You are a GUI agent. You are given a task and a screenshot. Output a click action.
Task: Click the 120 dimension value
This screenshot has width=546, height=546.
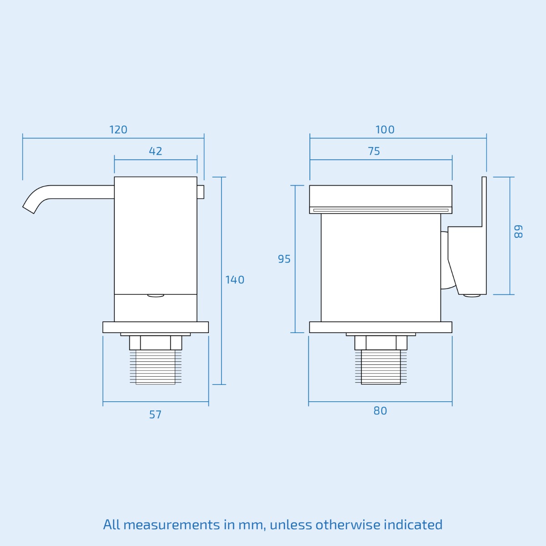(x=118, y=130)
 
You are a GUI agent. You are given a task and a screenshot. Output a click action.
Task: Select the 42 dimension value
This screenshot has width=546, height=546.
(x=156, y=151)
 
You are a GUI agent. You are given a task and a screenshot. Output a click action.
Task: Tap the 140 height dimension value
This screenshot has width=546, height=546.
(x=235, y=280)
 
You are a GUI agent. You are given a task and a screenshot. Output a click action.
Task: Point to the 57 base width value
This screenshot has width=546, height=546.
(x=155, y=415)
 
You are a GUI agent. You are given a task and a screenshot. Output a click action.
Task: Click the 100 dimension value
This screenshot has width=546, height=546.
(x=385, y=130)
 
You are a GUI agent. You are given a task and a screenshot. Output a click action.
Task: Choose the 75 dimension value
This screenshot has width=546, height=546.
(x=374, y=151)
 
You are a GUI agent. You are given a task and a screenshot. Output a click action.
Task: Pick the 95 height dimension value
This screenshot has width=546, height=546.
(x=284, y=259)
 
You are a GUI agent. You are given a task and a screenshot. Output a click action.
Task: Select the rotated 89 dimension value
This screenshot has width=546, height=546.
(x=518, y=231)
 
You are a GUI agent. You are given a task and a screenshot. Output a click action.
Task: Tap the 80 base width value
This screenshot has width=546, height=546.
(x=380, y=411)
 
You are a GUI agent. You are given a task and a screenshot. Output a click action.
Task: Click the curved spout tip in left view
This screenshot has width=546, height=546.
(x=30, y=207)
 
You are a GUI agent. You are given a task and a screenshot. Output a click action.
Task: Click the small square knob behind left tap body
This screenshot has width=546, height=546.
(x=201, y=192)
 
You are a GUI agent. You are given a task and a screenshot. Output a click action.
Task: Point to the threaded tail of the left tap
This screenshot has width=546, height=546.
(x=156, y=367)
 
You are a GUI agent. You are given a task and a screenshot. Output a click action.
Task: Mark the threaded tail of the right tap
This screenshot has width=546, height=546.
(x=381, y=367)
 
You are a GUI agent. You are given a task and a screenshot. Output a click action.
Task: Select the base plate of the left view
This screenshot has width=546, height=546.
(x=156, y=327)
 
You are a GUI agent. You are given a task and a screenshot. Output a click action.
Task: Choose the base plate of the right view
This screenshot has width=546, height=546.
(x=381, y=327)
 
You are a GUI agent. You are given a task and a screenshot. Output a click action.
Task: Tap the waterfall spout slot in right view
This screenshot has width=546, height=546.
(x=381, y=210)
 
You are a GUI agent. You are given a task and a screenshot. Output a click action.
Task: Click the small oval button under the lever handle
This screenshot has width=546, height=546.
(x=472, y=296)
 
